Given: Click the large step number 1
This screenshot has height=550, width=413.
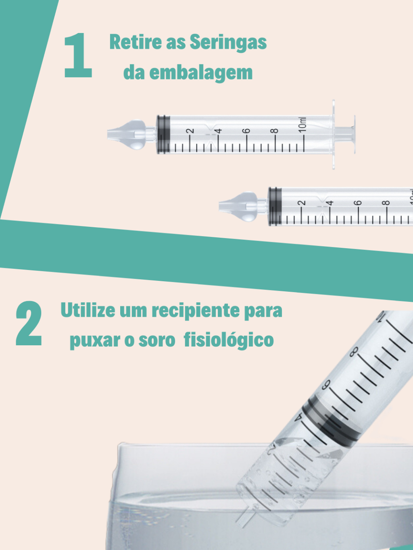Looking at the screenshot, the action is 78,55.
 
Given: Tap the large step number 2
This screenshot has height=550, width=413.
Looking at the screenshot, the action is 29,323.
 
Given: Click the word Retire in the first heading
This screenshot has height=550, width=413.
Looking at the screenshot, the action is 136,42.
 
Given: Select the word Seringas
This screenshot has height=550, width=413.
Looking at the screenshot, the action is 228,43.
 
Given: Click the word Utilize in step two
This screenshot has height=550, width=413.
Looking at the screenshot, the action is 88,310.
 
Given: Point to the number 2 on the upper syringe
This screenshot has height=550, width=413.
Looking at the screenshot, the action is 191,131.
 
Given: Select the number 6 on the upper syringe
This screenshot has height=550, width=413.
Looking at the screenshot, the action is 247,131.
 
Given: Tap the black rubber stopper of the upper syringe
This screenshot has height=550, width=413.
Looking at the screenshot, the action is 163,135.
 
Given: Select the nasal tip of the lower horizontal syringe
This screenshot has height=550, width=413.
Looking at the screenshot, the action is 238,206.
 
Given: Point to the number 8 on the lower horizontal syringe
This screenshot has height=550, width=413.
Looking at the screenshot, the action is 387,202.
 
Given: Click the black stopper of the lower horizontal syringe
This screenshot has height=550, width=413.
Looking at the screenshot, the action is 275,206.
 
